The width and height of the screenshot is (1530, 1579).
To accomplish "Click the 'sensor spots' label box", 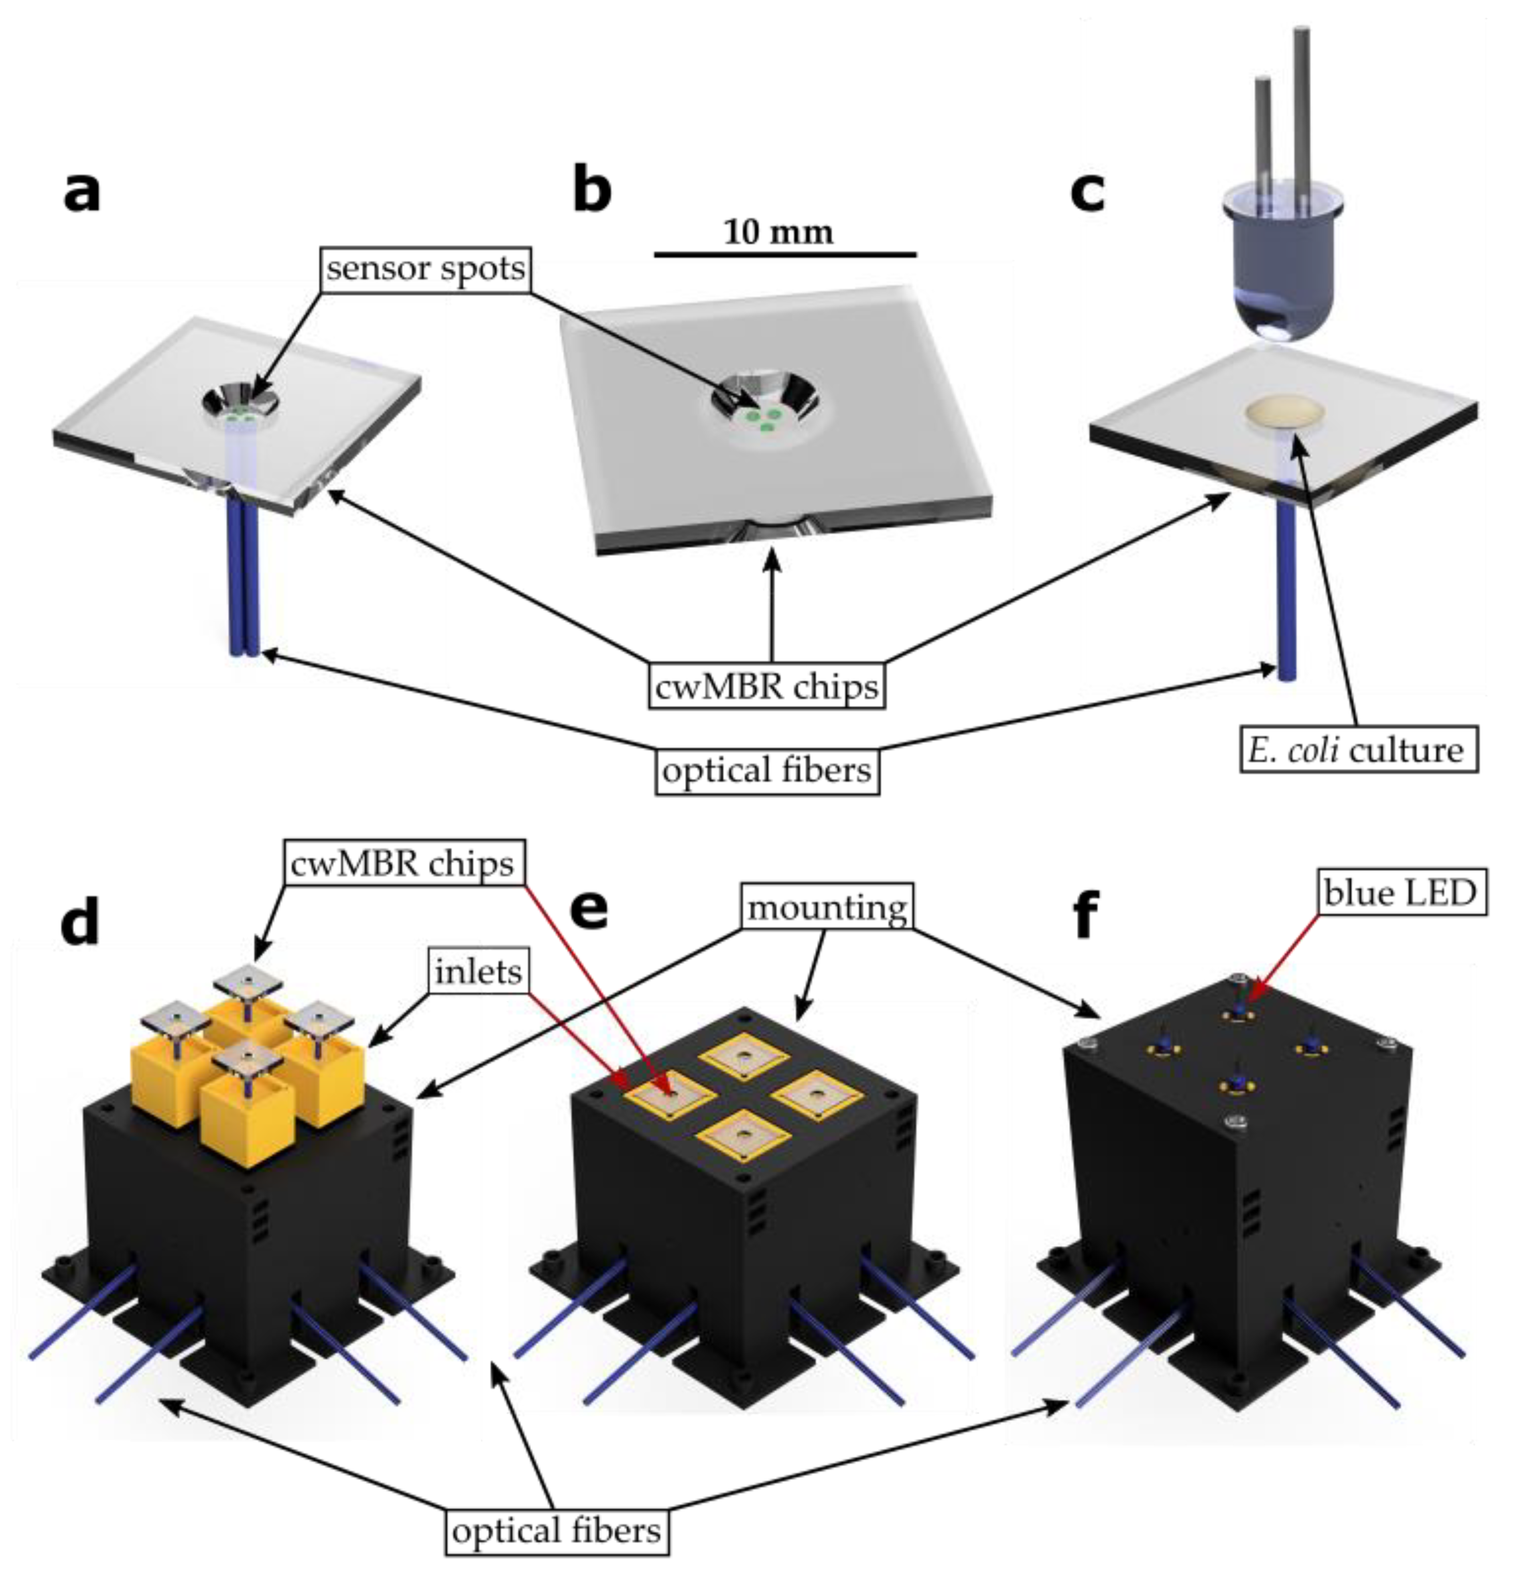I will point(425,268).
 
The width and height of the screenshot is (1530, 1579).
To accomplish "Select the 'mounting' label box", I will point(827,908).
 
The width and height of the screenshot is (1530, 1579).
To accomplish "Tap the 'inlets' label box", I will point(478,972).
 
